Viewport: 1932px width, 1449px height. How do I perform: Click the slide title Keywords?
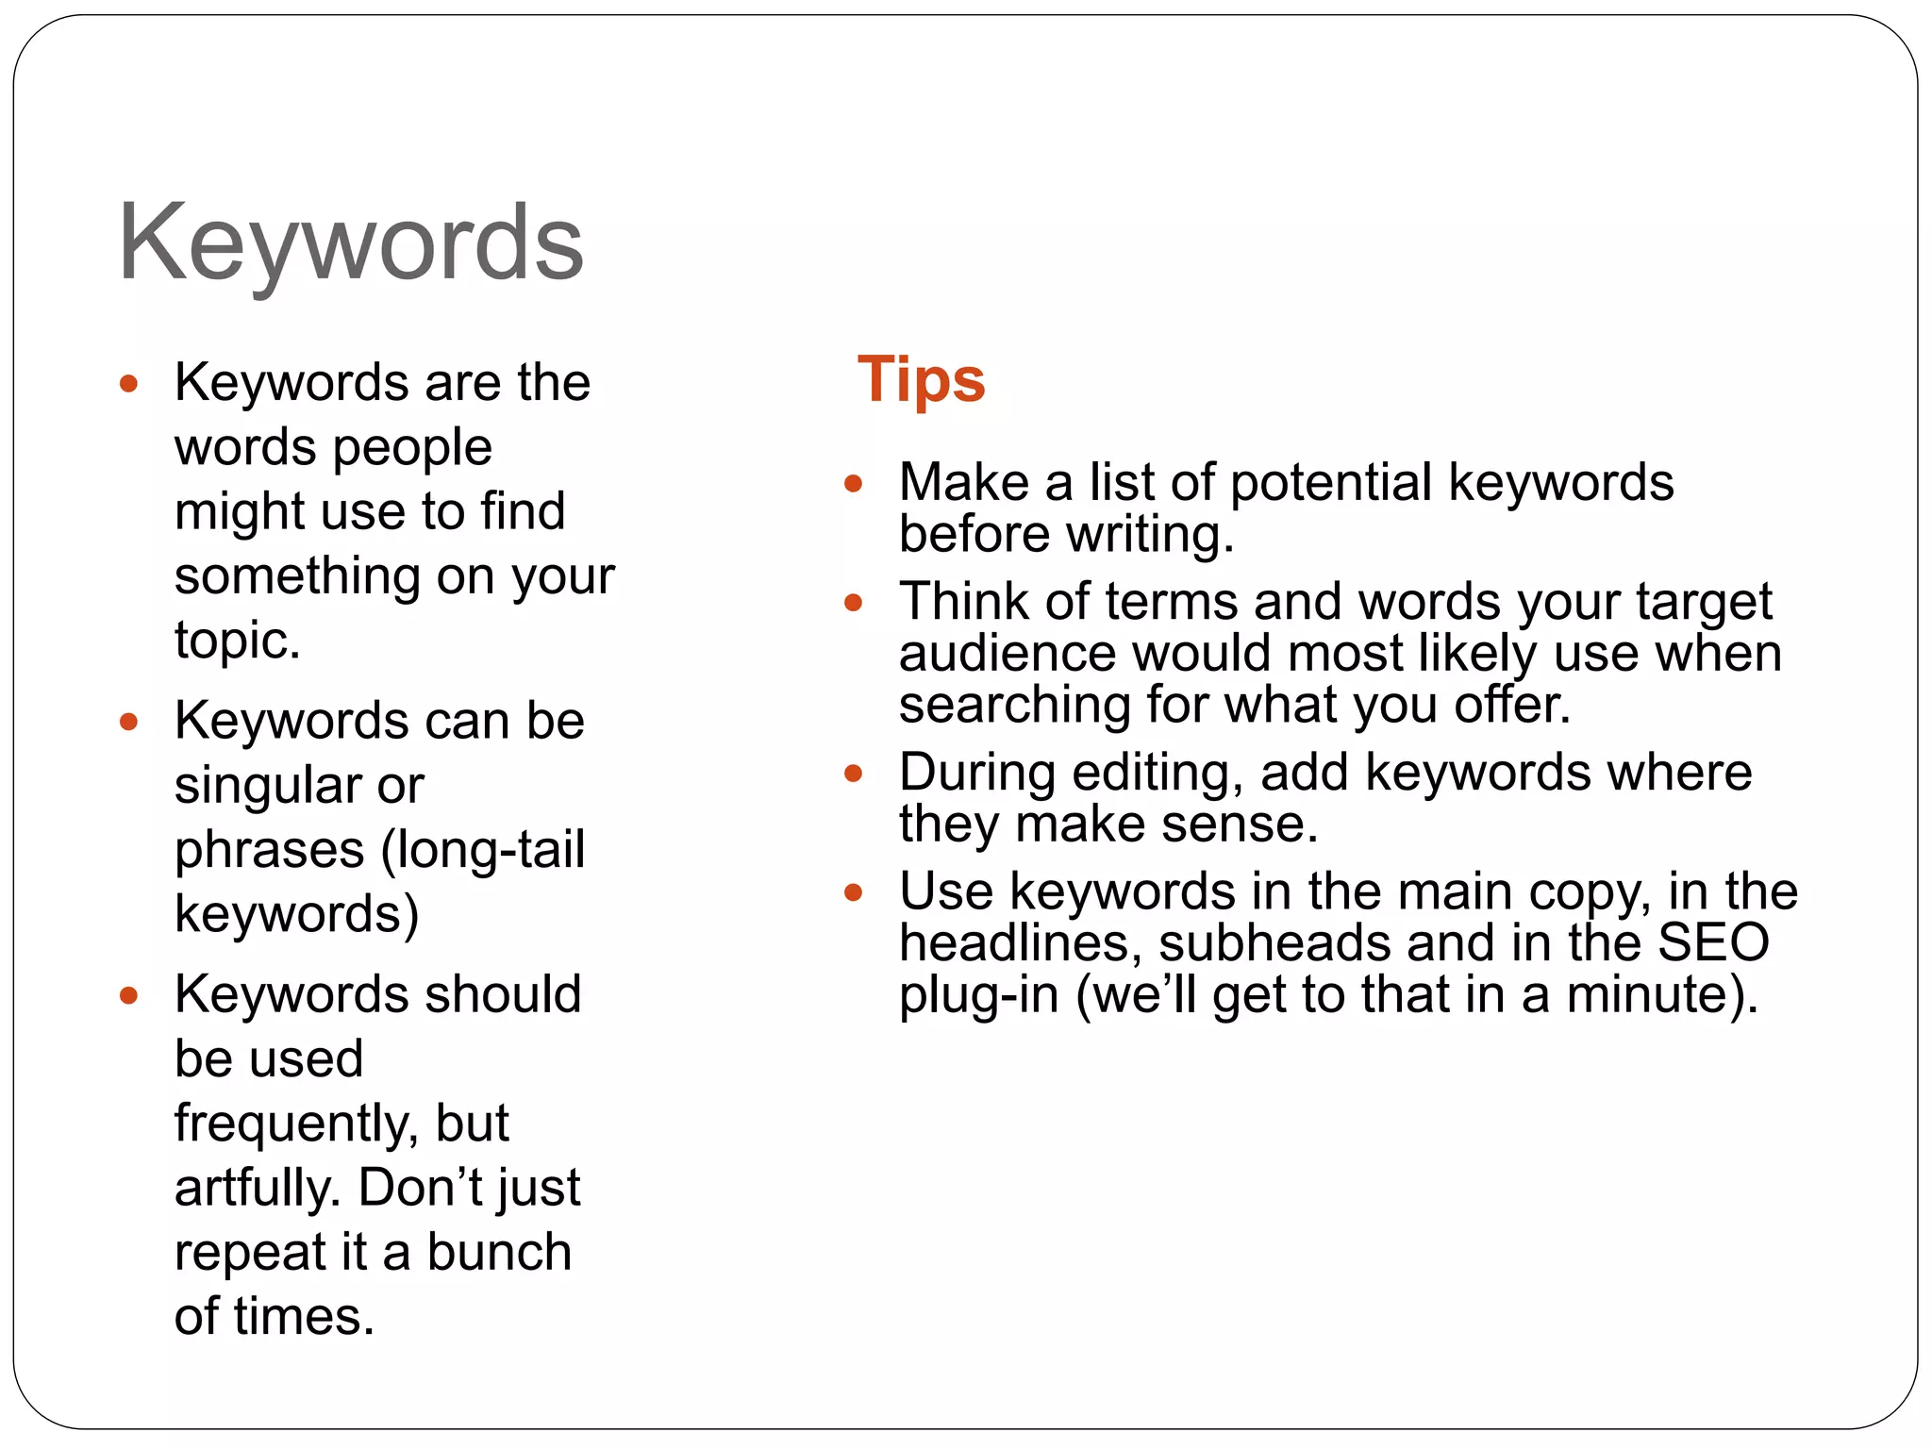(x=350, y=243)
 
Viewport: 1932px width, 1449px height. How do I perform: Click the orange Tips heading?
(x=921, y=380)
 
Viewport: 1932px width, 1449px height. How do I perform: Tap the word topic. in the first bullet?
(x=238, y=641)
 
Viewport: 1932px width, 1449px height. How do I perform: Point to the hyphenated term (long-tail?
(x=482, y=850)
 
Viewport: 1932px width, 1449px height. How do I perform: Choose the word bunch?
(x=499, y=1253)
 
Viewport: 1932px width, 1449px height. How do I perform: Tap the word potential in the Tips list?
(x=1330, y=483)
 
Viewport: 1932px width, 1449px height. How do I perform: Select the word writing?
(x=1150, y=535)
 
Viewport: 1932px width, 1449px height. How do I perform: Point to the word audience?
(x=1007, y=654)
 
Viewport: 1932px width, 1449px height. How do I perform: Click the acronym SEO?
(x=1712, y=942)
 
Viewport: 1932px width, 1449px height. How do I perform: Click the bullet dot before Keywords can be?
(x=129, y=723)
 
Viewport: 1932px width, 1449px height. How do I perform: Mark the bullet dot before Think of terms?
(x=854, y=602)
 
